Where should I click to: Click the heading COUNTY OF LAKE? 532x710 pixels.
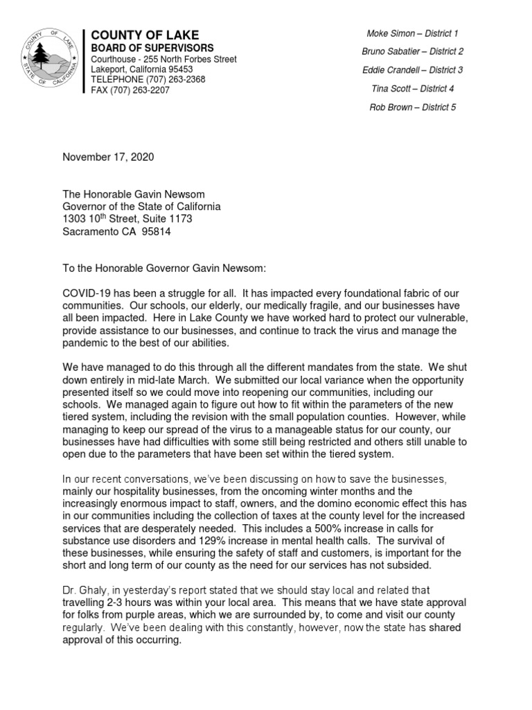145,35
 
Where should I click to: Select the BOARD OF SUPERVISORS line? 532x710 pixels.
149,48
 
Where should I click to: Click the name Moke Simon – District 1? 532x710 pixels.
412,33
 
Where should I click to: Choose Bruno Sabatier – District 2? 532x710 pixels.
412,51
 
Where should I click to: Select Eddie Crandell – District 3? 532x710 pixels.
412,70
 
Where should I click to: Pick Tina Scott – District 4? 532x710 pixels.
412,89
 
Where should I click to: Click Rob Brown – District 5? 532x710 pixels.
412,107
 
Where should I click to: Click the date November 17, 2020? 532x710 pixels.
108,157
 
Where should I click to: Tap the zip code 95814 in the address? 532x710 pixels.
156,232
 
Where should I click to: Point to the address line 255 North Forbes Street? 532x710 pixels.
187,59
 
